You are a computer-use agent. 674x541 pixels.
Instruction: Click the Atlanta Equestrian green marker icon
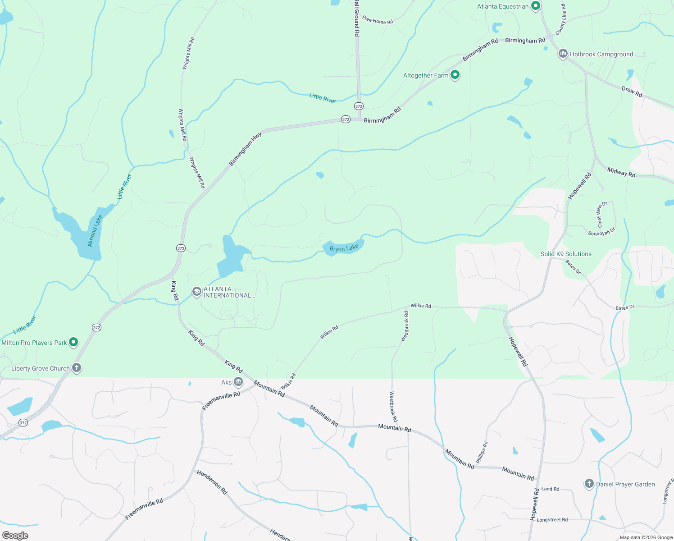click(x=535, y=6)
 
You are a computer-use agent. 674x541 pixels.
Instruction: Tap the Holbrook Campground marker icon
click(x=563, y=54)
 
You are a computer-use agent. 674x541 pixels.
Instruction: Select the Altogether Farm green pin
click(x=455, y=75)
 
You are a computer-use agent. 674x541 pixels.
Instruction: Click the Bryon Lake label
click(x=344, y=248)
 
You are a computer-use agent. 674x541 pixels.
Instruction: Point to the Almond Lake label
click(x=95, y=231)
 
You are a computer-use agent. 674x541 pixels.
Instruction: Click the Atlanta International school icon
click(x=196, y=292)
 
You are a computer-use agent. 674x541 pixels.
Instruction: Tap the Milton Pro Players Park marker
click(x=73, y=342)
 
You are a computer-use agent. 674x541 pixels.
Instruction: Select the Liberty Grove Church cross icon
click(x=77, y=368)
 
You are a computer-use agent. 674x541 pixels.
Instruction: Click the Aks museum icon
click(x=238, y=382)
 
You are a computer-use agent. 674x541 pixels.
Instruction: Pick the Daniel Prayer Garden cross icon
click(x=589, y=484)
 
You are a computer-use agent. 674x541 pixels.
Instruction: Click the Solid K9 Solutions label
click(x=566, y=254)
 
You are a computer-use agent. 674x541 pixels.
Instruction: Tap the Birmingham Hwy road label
click(x=245, y=149)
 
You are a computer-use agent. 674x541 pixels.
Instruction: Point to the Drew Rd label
click(x=632, y=92)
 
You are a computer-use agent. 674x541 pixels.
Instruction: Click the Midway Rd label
click(x=621, y=172)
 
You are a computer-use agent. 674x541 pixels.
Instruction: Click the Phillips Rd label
click(x=482, y=452)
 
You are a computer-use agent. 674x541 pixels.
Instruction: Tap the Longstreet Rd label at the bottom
click(x=552, y=520)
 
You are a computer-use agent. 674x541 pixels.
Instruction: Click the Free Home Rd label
click(x=378, y=21)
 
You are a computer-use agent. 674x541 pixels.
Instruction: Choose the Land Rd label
click(x=550, y=489)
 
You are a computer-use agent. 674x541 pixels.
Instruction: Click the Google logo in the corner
click(x=15, y=535)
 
